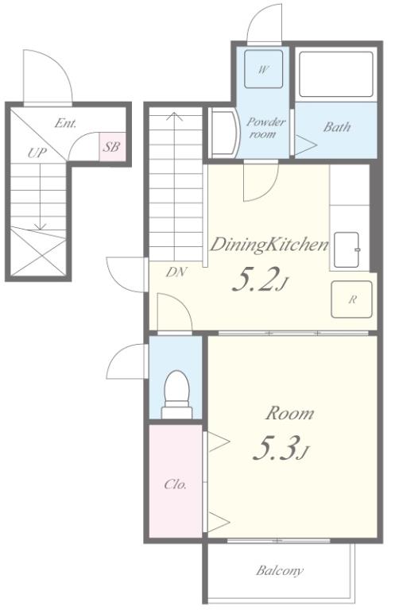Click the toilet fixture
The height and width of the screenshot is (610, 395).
177,394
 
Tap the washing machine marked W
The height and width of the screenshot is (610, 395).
263,69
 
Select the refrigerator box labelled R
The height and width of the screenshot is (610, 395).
351,299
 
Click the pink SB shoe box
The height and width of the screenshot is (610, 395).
112,147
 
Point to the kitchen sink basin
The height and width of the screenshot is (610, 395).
347,249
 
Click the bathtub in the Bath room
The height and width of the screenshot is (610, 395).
336,74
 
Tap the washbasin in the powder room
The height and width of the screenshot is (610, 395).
224,133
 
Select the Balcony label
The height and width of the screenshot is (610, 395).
280,571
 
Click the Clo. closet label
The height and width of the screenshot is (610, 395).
176,485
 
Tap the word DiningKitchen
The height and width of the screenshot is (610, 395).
269,245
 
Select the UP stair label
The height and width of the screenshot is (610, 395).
37,152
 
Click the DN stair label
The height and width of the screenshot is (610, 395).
176,272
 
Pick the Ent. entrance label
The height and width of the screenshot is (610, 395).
65,123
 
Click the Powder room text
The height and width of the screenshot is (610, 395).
265,128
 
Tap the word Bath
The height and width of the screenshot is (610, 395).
337,127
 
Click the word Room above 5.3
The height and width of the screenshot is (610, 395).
290,413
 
